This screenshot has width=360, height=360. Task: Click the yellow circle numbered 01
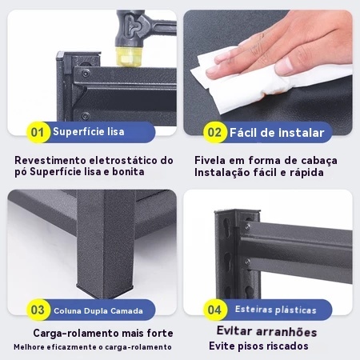38,132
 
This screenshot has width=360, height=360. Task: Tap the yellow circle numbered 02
214,132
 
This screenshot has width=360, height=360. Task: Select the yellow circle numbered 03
38,310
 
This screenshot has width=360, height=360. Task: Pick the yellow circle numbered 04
214,310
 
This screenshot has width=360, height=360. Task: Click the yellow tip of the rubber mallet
129,57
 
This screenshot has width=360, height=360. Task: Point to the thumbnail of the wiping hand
268,73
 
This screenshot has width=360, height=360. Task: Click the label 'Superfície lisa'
89,132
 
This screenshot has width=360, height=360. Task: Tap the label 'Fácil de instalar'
277,133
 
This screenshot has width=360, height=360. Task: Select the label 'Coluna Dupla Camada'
98,311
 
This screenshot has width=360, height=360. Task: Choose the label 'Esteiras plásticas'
276,310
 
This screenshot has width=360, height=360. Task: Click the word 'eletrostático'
123,161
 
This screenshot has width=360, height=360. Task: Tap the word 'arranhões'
286,332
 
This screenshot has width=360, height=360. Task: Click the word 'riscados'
288,346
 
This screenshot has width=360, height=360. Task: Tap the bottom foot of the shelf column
105,290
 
